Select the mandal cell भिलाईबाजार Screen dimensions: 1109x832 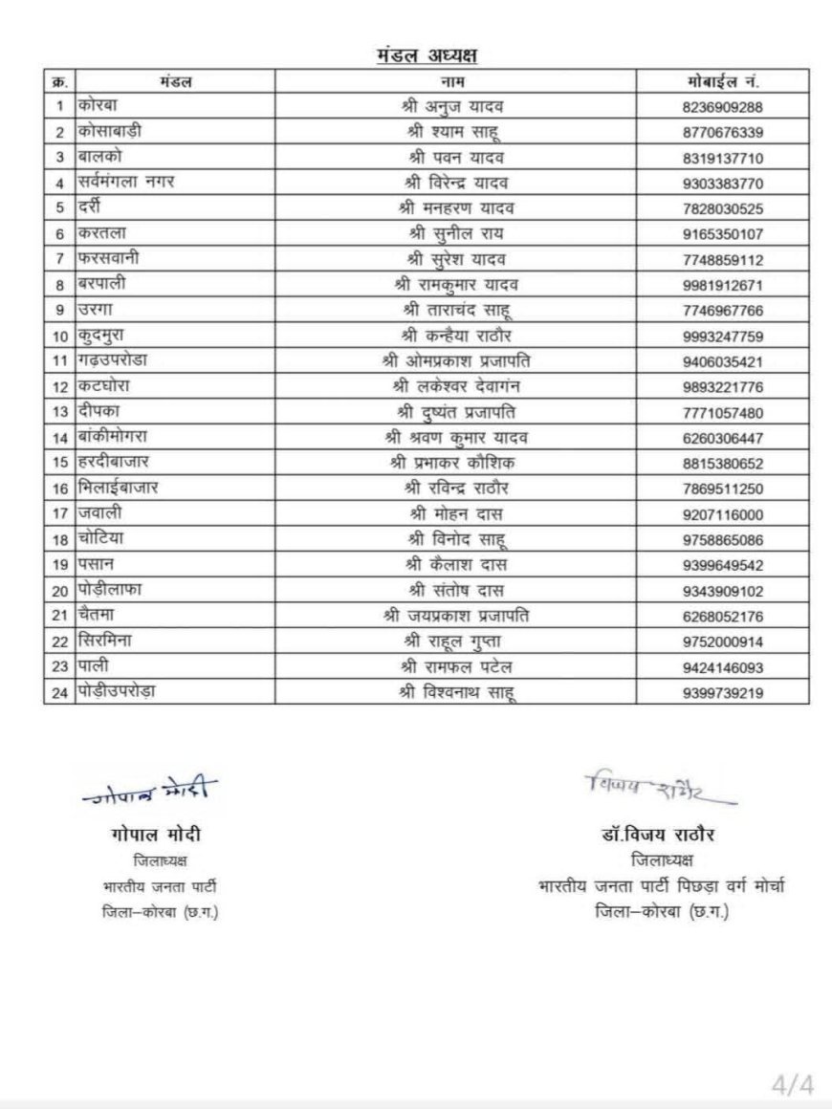point(119,489)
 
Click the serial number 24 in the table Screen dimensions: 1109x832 point(59,693)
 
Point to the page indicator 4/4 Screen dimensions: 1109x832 point(793,1084)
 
